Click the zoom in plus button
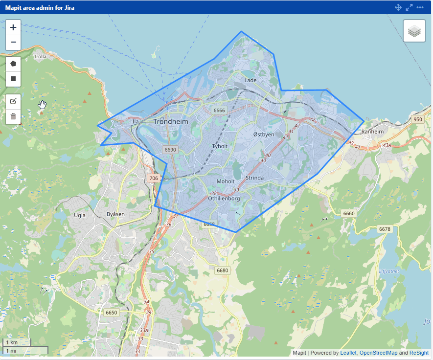tap(13, 27)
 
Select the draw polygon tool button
tap(13, 64)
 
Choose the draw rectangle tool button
tap(13, 79)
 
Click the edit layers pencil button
tap(13, 101)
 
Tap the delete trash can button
tap(13, 116)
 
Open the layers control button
tap(414, 31)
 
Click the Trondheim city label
tap(170, 121)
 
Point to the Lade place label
tap(250, 80)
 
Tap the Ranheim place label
tap(372, 132)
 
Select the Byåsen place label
tap(115, 214)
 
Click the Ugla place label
tap(79, 215)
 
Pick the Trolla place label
tap(40, 56)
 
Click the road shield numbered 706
tap(154, 179)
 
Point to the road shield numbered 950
tap(417, 119)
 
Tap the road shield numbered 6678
tap(385, 229)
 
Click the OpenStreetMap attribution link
tap(378, 353)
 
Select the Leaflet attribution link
tap(348, 353)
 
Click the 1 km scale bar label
tap(11, 342)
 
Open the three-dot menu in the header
tap(420, 7)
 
